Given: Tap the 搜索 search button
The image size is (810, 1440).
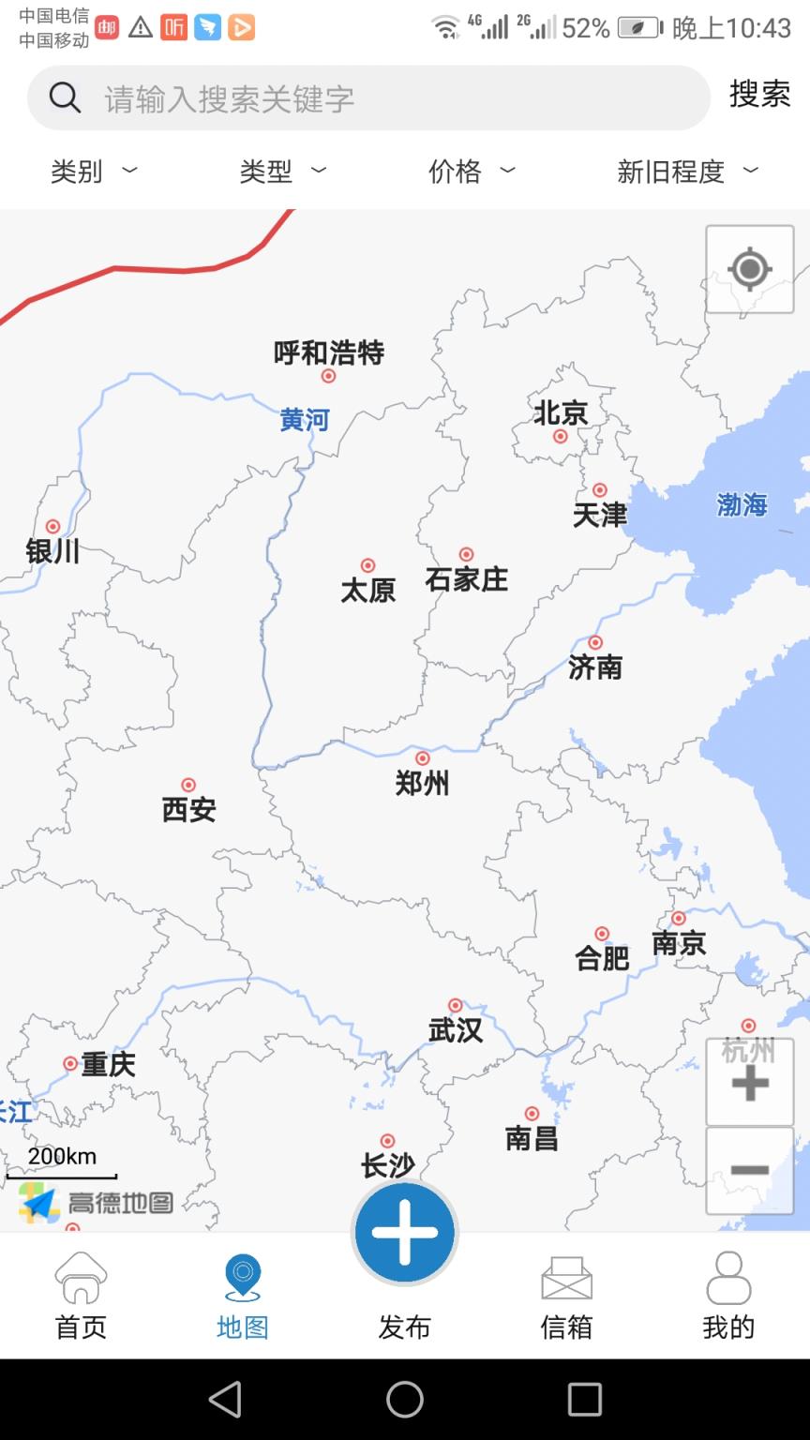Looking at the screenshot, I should point(759,95).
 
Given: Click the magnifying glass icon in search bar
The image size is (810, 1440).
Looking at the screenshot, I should point(65,97).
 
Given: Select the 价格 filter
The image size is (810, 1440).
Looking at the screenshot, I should point(471,171).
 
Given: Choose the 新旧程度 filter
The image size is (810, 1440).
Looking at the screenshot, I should point(686,171).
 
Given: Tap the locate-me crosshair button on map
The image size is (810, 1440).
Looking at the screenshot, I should point(749,270).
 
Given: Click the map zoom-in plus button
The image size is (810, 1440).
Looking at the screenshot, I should point(749,1083).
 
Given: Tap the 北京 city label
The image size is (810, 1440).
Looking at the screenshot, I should point(561,412).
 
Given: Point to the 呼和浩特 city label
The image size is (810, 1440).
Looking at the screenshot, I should point(329,352).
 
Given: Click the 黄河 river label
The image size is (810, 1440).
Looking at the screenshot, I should point(305,420).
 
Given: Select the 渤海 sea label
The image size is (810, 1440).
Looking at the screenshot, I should point(742,505).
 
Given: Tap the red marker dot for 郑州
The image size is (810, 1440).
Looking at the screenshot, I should point(423,758).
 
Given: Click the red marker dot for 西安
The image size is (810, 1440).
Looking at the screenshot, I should point(188,785).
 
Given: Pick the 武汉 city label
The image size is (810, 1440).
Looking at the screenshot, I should point(456,1030).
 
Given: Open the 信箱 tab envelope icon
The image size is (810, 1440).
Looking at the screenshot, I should point(566,1279).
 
